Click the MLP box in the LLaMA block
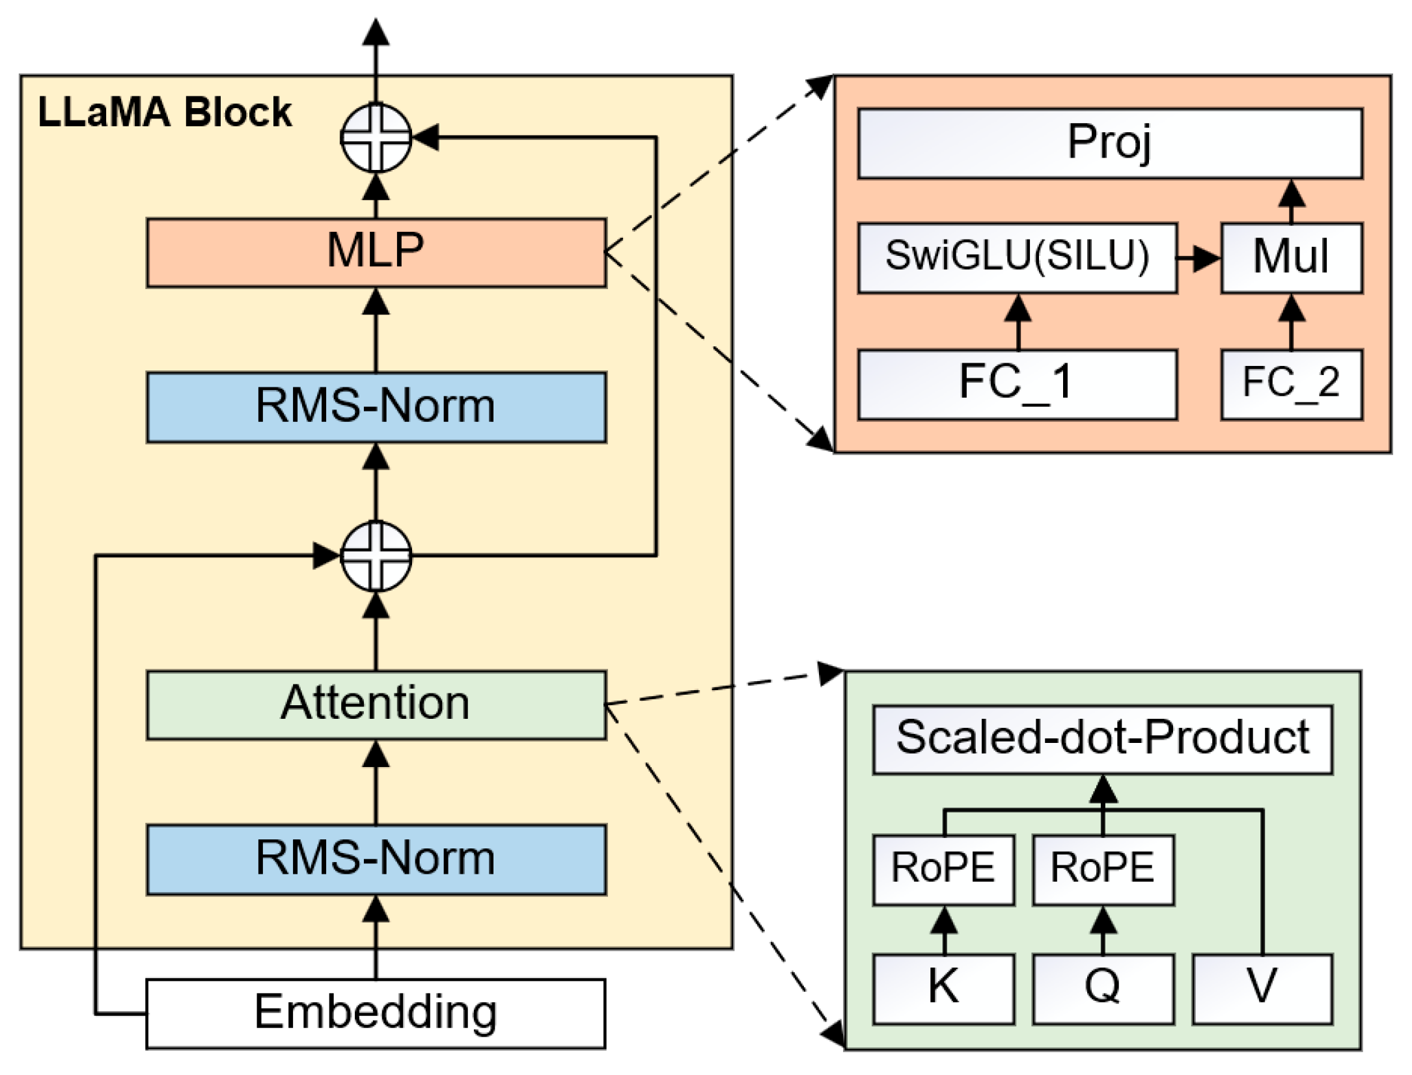tap(376, 253)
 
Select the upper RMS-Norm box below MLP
tap(376, 408)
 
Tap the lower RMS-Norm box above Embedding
tap(376, 859)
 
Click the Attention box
tap(376, 705)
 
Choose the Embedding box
tap(376, 1014)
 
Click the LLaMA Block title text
tap(165, 112)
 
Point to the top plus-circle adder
tap(376, 138)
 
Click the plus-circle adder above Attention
tap(376, 556)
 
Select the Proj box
tap(1110, 143)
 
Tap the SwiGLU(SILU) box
tap(1017, 258)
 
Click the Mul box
tap(1292, 258)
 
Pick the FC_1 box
tap(1017, 384)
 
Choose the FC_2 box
tap(1292, 384)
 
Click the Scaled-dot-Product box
tap(1103, 739)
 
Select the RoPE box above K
tap(943, 869)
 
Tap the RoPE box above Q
tap(1103, 869)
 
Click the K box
tap(943, 988)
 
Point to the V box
tap(1262, 988)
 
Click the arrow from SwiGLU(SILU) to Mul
tap(1199, 258)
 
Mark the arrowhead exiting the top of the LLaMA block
tap(376, 33)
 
